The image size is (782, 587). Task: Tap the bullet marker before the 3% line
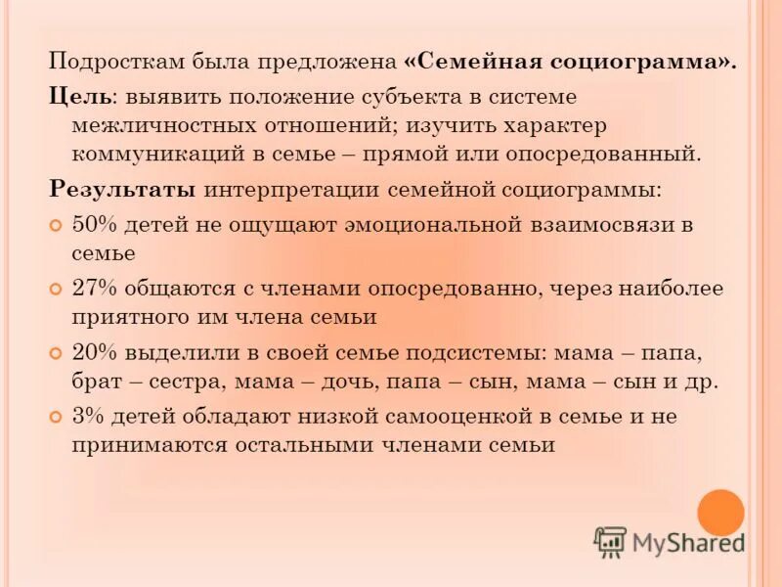[x=57, y=417]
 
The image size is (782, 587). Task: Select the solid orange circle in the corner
[x=721, y=512]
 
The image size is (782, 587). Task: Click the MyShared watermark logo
[x=669, y=542]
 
